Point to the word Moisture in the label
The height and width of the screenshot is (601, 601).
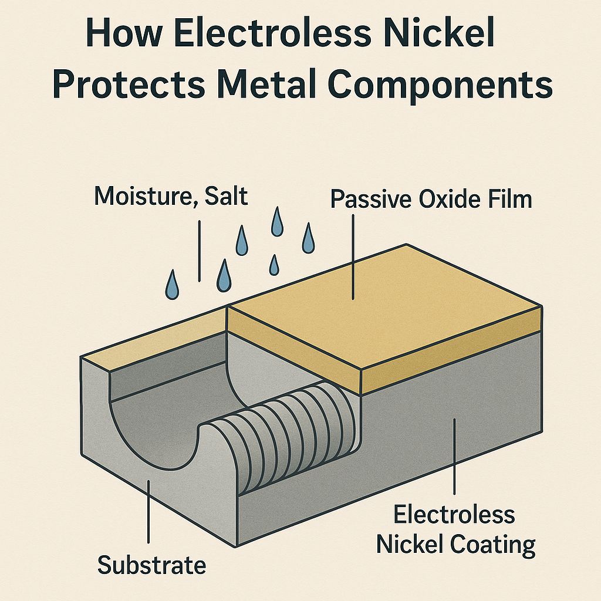pyautogui.click(x=140, y=197)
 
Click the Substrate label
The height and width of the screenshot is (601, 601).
pyautogui.click(x=151, y=566)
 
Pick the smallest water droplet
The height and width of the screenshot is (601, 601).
pyautogui.click(x=274, y=265)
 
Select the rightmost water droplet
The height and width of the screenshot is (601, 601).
pyautogui.click(x=308, y=238)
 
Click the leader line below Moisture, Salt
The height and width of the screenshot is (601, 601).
pyautogui.click(x=200, y=250)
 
